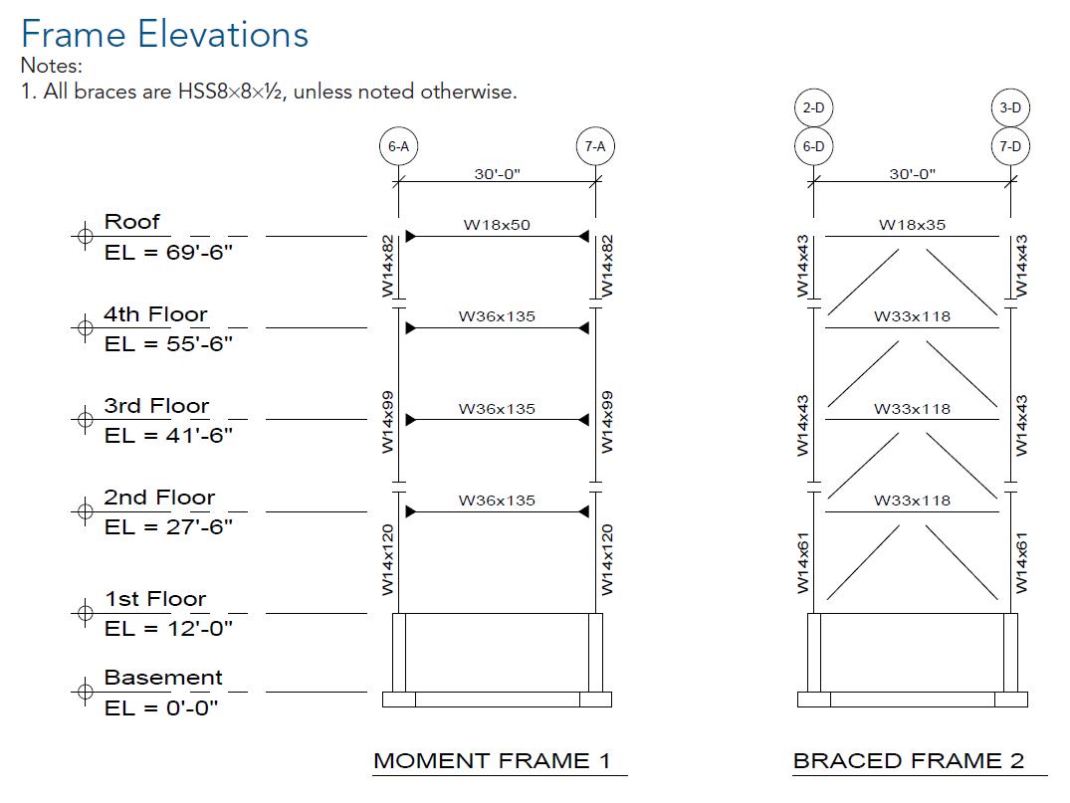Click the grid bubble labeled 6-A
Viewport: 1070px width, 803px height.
point(398,146)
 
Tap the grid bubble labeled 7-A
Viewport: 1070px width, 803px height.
point(595,146)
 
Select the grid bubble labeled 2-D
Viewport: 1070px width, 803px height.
point(813,107)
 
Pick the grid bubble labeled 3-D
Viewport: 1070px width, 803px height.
point(1010,107)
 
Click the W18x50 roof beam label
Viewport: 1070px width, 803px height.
point(497,225)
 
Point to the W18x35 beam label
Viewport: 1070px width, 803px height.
point(912,225)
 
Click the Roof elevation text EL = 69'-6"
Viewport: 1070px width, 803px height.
point(168,252)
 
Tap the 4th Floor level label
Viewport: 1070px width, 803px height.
point(155,314)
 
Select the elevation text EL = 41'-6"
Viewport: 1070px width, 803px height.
point(168,435)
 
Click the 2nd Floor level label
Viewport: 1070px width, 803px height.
point(159,498)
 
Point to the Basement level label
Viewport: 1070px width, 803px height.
point(163,678)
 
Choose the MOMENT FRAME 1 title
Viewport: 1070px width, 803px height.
point(492,761)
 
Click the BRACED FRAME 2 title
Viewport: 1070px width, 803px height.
point(908,761)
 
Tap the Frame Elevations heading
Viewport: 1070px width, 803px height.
point(164,35)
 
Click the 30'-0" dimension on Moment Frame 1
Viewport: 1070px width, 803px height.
point(497,174)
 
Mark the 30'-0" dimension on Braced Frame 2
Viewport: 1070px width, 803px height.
point(912,174)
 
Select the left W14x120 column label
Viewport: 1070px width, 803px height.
point(388,560)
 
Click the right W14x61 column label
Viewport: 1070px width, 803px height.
point(1020,562)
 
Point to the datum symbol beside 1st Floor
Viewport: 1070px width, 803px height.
point(85,613)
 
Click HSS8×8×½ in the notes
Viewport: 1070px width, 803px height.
point(231,92)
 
